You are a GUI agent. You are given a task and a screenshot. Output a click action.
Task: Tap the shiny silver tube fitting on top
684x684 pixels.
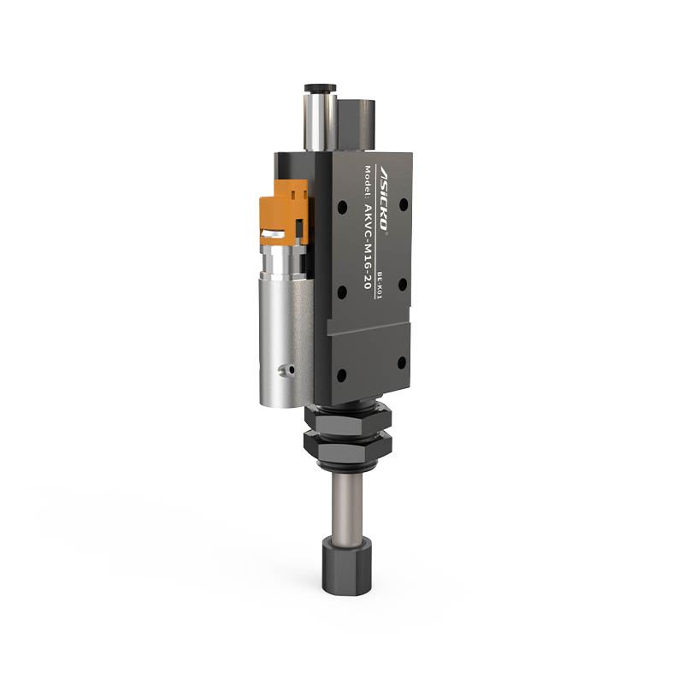click(318, 120)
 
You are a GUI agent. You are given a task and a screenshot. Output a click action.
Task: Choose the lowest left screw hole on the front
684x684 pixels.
click(342, 375)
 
